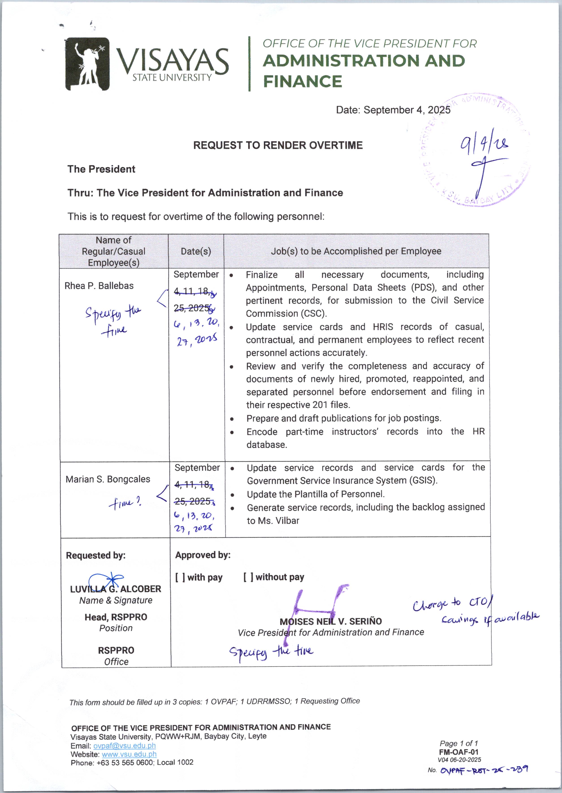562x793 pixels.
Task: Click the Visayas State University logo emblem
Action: click(88, 64)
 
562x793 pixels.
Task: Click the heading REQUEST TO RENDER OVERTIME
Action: click(278, 145)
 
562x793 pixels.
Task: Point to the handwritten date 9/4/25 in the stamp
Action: click(484, 143)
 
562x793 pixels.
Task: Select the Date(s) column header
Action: click(196, 251)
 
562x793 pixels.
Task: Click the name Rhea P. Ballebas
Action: click(99, 286)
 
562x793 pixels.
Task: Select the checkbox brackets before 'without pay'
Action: click(248, 577)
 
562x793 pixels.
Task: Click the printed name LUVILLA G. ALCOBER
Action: click(116, 589)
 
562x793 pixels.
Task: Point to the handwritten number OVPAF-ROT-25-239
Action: click(484, 770)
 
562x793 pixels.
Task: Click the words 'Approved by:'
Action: click(203, 555)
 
